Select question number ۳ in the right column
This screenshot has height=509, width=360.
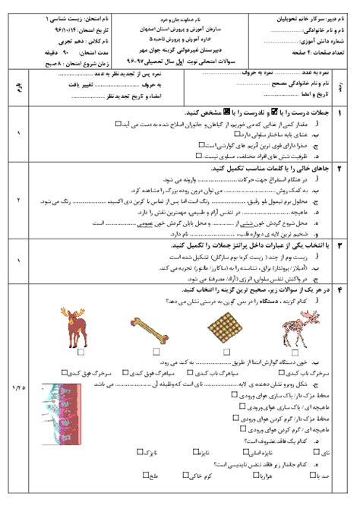click(339, 247)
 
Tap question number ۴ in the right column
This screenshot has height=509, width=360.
click(339, 291)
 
